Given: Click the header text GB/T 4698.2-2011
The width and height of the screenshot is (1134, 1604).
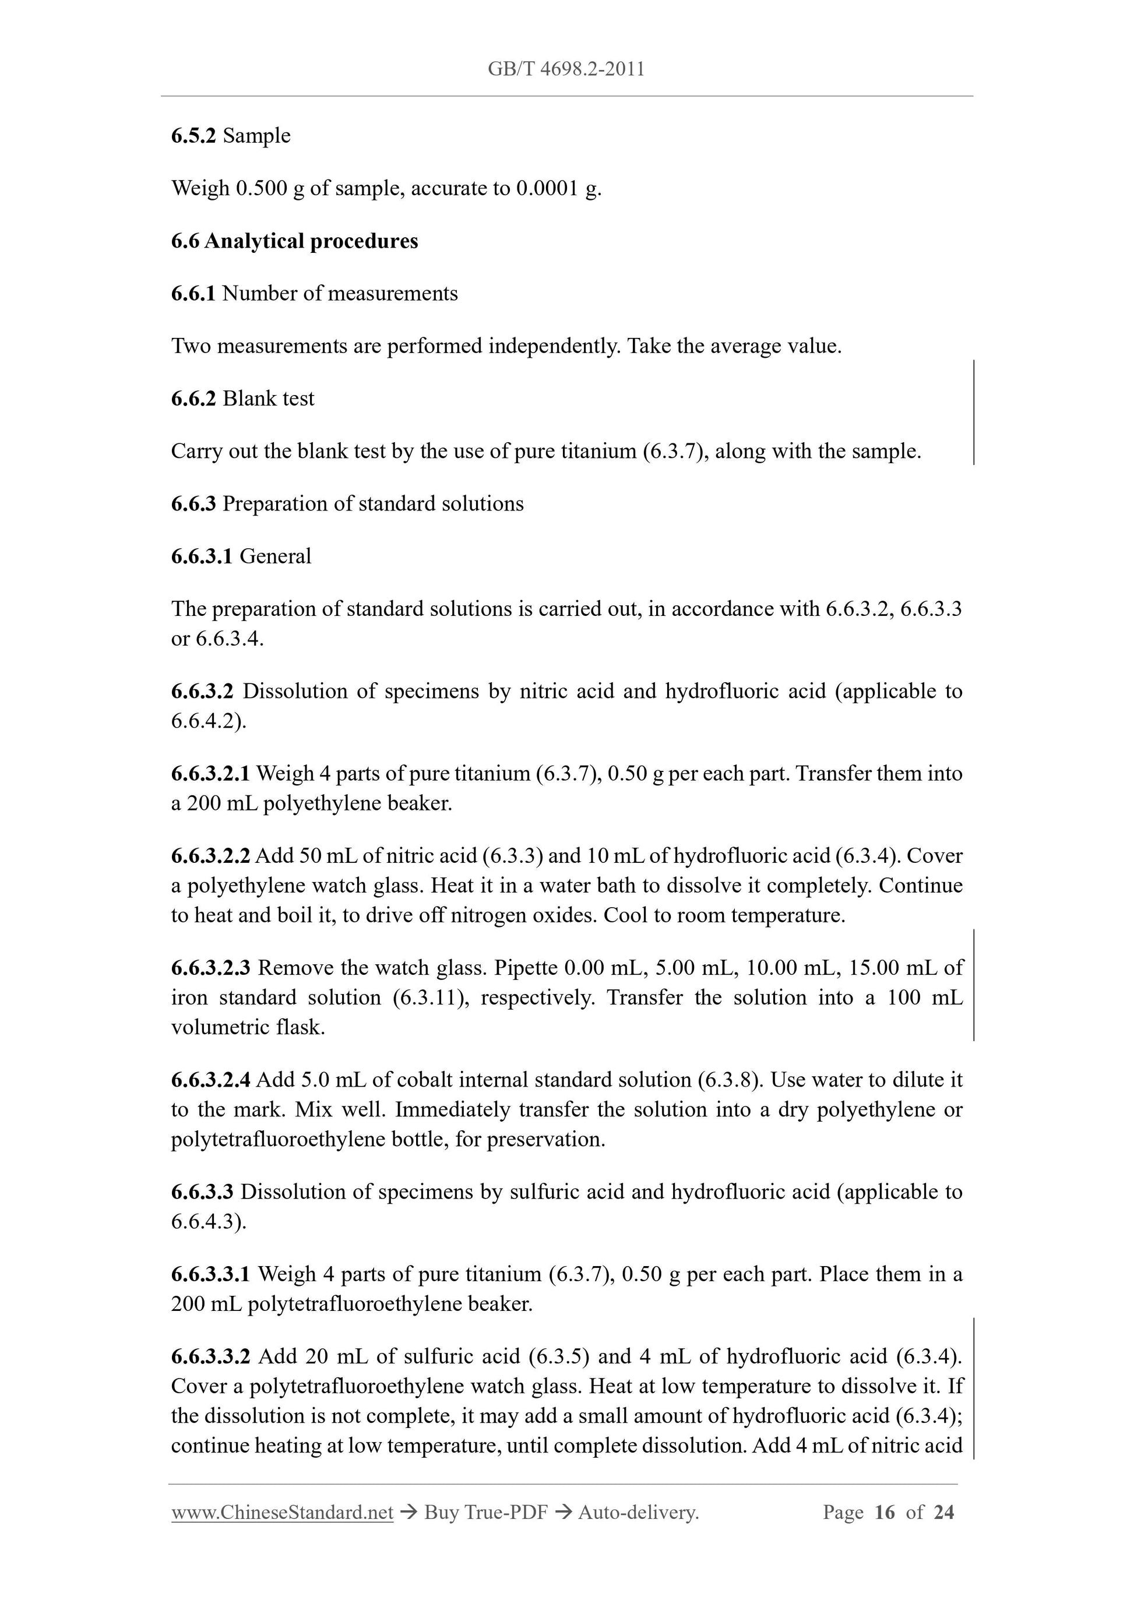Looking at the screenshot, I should (x=566, y=69).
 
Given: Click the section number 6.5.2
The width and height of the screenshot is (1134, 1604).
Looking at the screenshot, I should (x=193, y=136).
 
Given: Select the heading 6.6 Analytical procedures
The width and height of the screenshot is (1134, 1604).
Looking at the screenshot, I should (x=294, y=241).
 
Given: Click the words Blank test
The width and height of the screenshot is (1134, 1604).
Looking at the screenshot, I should (x=268, y=398).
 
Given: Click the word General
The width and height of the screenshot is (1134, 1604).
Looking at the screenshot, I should (x=275, y=556).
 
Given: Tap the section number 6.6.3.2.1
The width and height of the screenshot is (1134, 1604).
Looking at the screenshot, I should (x=210, y=773).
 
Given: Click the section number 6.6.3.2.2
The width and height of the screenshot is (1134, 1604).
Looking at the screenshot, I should (x=210, y=856).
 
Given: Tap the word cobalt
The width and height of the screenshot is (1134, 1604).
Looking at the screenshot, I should (x=425, y=1080).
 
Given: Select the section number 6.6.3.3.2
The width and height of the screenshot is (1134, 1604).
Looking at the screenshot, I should (x=210, y=1356).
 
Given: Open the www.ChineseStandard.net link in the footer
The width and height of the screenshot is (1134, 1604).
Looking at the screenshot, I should (x=282, y=1513).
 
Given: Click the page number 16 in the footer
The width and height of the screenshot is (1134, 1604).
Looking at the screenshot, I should (x=884, y=1513).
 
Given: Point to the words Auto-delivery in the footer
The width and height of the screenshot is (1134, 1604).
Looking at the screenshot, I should (x=638, y=1513).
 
